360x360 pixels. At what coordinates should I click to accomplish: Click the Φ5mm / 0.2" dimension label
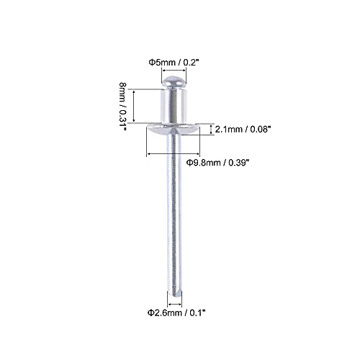pos(173,62)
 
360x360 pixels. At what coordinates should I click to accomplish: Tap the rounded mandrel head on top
pos(174,82)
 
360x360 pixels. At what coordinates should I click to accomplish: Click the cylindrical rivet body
pos(174,108)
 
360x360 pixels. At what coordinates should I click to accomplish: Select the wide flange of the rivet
pos(174,130)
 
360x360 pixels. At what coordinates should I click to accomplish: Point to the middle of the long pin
pos(174,216)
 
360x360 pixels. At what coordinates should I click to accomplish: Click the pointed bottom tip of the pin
pos(174,289)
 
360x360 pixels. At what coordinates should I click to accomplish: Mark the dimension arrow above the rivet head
pos(174,72)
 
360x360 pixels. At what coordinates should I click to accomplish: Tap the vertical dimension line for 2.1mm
pos(210,130)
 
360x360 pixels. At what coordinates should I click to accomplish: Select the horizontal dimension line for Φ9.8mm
pos(174,153)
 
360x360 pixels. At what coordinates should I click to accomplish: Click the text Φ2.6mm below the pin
pos(158,312)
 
